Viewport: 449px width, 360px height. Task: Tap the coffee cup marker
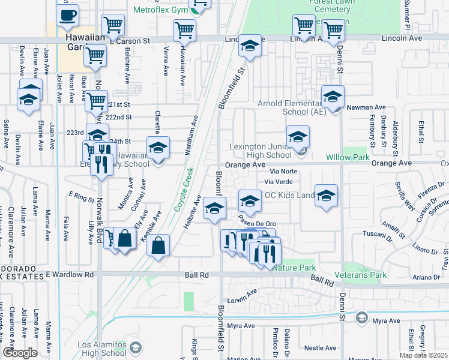[68, 14]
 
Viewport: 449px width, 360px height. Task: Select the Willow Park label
[348, 157]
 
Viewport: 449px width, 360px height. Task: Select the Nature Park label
[294, 268]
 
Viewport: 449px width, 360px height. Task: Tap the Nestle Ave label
[320, 347]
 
